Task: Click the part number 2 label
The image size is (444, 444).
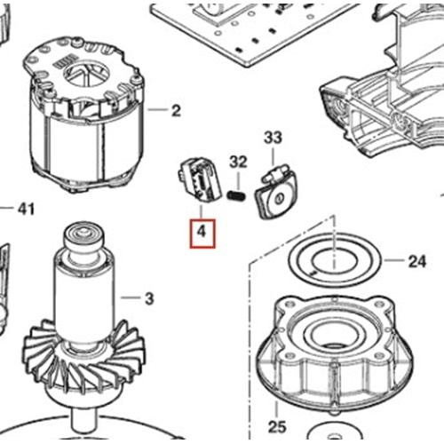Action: (175, 111)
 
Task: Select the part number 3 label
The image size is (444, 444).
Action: (149, 297)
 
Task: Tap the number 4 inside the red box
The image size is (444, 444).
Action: (202, 234)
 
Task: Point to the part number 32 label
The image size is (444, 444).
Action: (237, 162)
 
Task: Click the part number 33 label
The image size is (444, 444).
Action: (273, 138)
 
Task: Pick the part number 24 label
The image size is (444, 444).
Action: (416, 262)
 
